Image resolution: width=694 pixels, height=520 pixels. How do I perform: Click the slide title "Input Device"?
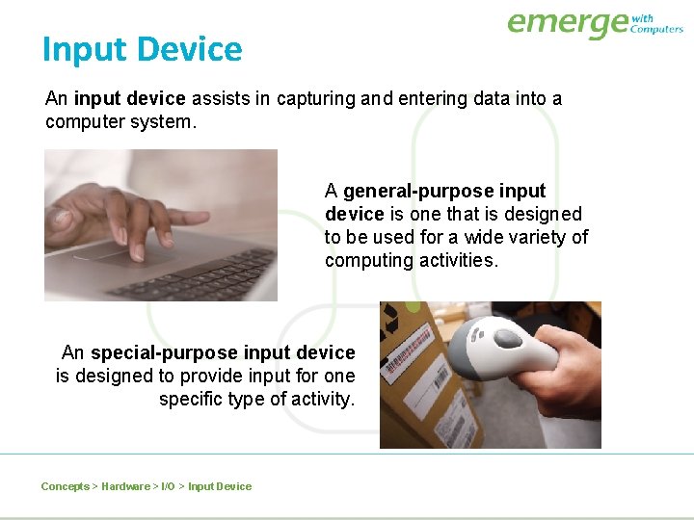tap(142, 49)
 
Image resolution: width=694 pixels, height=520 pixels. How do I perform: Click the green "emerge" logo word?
tap(567, 23)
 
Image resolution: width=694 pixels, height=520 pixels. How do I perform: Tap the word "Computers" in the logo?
tap(656, 30)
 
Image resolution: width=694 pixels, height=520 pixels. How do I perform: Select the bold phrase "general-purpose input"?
tap(444, 191)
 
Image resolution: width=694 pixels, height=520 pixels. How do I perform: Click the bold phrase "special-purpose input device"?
tap(223, 352)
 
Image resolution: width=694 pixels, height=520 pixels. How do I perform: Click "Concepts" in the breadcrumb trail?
tap(65, 486)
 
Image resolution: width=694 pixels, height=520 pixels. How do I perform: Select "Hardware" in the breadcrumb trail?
tap(125, 486)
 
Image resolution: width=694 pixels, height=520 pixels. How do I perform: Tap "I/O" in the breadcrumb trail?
tap(167, 486)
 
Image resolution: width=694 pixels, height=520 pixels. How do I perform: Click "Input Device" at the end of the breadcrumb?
tap(220, 486)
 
